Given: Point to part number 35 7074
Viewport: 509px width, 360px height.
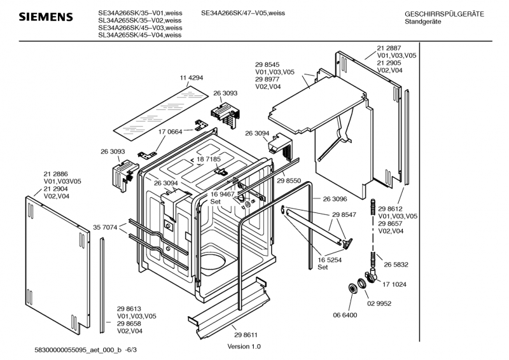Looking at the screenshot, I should tap(106, 226).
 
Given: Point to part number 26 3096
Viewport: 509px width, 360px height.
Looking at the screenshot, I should tap(335, 198).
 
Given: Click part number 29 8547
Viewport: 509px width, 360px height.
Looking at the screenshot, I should tap(344, 216).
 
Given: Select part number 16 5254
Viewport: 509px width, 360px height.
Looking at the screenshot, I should tap(328, 260).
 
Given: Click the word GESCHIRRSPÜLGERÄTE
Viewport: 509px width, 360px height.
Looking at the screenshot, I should tap(443, 14).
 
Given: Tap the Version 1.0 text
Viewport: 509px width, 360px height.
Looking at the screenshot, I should tap(244, 347).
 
